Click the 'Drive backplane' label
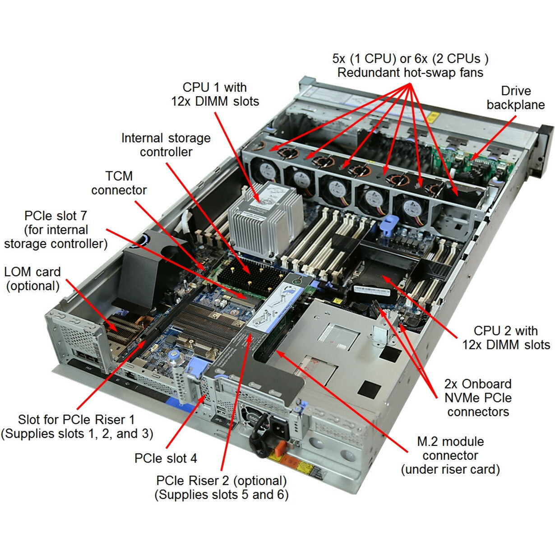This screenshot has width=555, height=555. click(x=515, y=98)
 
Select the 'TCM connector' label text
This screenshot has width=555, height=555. click(x=119, y=183)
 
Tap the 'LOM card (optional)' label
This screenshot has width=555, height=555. click(x=32, y=279)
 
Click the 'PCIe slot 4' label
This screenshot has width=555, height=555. click(x=166, y=458)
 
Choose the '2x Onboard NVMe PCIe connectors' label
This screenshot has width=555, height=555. click(x=478, y=398)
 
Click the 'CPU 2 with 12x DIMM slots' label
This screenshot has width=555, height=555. click(x=506, y=338)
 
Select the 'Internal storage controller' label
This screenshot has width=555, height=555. click(x=166, y=145)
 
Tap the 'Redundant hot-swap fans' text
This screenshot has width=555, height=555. click(x=410, y=72)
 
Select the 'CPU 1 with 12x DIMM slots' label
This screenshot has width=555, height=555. click(x=215, y=94)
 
